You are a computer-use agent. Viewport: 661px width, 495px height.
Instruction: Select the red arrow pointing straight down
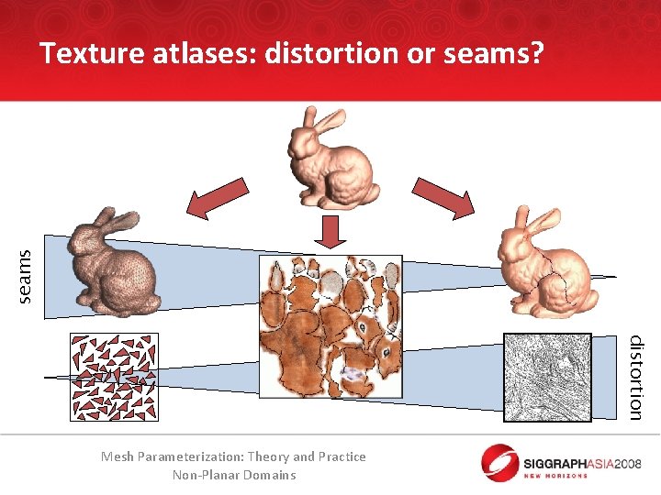334,233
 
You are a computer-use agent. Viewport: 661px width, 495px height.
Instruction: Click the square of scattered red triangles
113,377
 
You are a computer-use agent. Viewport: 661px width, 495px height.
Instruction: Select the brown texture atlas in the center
331,326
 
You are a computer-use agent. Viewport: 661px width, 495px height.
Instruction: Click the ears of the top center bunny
319,120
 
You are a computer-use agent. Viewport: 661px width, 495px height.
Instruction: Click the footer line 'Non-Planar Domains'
234,475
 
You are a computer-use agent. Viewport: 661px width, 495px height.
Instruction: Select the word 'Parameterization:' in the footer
210,456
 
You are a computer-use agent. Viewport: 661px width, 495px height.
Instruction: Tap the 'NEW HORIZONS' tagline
555,475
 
